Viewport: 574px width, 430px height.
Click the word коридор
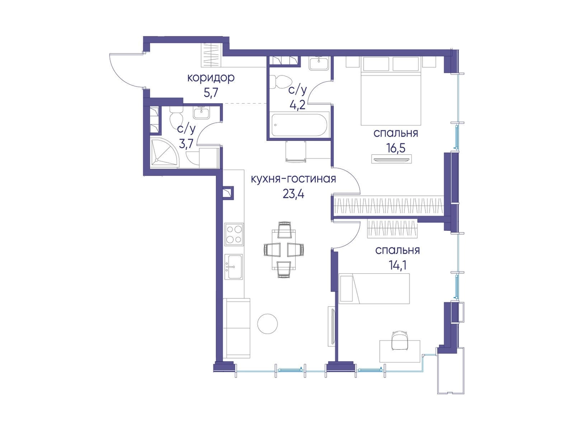211,78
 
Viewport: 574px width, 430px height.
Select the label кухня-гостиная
293,179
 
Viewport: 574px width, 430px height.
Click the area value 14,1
397,266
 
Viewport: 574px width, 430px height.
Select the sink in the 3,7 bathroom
201,113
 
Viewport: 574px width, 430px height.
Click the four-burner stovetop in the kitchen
234,234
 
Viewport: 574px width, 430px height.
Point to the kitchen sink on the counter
234,266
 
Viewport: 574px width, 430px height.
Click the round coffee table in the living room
267,323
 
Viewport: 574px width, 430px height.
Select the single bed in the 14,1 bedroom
374,288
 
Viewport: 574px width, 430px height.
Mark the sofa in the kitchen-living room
237,328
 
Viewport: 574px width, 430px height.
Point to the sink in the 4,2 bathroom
319,64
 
